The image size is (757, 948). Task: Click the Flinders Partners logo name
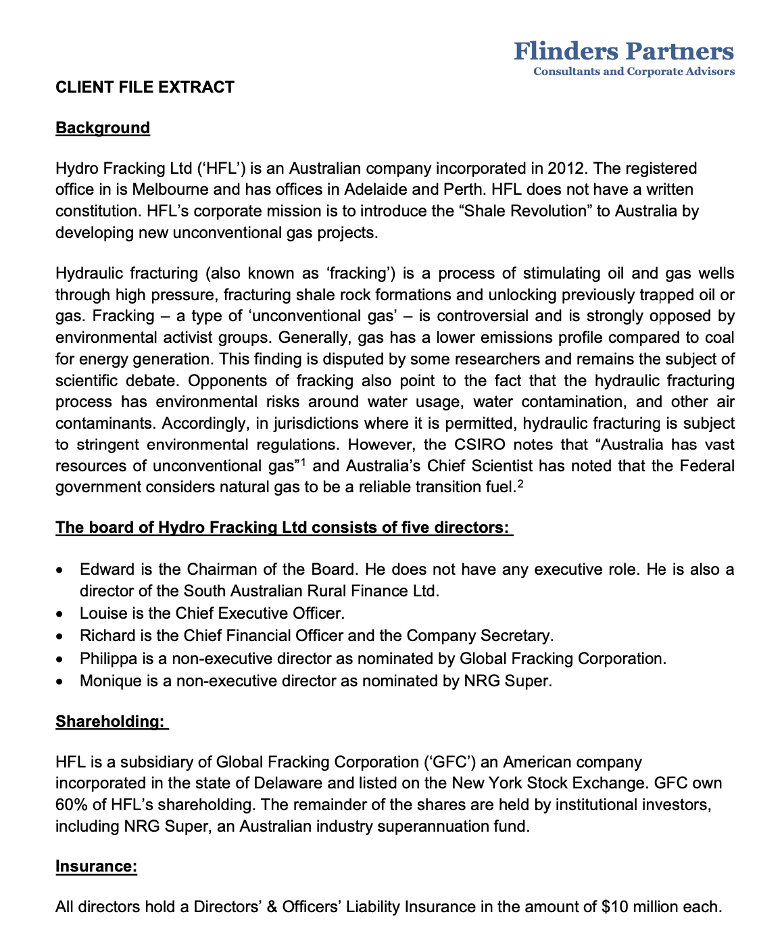coord(623,51)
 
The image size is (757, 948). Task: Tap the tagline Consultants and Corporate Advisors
coord(633,72)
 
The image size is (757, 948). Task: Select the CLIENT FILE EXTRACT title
coord(145,87)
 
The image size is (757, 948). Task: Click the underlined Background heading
coord(103,128)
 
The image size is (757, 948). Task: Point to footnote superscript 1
coord(304,463)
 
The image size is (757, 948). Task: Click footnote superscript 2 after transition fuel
coord(520,483)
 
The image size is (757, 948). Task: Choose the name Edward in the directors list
coord(102,569)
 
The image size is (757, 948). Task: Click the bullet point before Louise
coord(62,615)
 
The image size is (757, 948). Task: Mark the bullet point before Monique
coord(62,682)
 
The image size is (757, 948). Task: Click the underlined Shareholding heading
coord(109,721)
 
